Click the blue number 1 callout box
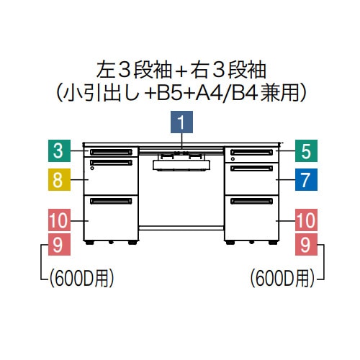pos(181,122)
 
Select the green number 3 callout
pos(59,150)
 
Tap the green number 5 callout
pos(306,150)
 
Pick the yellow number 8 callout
pos(59,179)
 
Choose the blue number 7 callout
pos(306,179)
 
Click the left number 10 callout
pos(59,220)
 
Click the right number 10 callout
pos(306,220)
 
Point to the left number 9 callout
pos(59,244)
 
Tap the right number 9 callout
pos(306,244)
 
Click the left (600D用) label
pos(82,279)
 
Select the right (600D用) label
pos(282,279)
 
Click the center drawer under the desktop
pos(181,166)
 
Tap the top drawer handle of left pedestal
pos(111,152)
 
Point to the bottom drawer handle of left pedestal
pos(111,201)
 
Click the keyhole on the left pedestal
pos(92,168)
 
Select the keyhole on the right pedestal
pos(233,158)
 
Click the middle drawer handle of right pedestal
pos(251,168)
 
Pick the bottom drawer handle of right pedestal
pos(251,201)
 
